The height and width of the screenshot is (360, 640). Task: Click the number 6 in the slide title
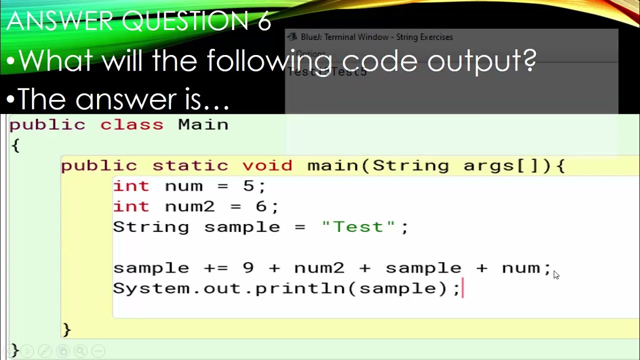pos(264,21)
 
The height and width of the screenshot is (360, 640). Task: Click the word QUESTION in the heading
pos(184,21)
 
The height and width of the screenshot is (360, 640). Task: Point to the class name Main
pos(203,124)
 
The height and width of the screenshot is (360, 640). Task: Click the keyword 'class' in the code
pos(131,124)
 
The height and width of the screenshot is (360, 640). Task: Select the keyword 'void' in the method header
pos(267,165)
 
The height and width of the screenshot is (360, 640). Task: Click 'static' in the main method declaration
pos(190,165)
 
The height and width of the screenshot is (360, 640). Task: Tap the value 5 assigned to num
pos(248,186)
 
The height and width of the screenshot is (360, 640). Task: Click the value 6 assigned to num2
pos(261,206)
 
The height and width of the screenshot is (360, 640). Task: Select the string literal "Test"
pos(358,227)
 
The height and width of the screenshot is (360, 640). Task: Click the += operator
pos(216,268)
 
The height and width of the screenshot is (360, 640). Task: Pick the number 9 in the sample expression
pos(248,268)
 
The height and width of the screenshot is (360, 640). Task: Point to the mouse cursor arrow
pos(556,274)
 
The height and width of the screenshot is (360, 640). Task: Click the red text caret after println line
pos(463,288)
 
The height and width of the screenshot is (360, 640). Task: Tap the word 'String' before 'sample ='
pos(151,227)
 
